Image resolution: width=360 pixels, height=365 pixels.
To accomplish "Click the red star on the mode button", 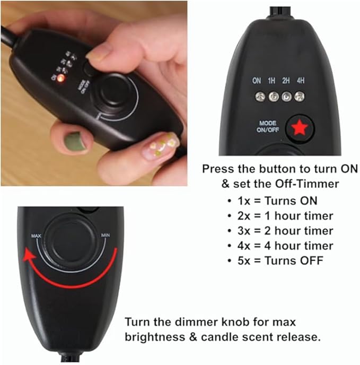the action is click(300, 128).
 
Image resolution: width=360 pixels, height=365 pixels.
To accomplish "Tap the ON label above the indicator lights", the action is click(257, 81).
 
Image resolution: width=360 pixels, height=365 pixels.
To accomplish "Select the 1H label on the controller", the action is click(271, 81).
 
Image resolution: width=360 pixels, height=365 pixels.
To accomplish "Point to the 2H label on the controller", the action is click(286, 81).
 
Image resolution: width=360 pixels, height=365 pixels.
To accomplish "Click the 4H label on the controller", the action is click(301, 81).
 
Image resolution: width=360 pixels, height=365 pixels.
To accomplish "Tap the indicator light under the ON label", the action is click(260, 97).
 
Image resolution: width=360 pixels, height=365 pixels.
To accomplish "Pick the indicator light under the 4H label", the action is click(300, 97).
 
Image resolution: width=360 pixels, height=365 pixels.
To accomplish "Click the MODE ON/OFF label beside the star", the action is click(268, 126).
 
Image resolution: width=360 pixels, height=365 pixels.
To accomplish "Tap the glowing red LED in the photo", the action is click(61, 78).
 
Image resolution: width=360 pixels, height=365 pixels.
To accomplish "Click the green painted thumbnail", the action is click(75, 142).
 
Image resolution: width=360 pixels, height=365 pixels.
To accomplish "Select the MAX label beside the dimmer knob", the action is click(36, 236).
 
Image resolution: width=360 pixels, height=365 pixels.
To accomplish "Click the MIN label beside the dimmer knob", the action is click(105, 236).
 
